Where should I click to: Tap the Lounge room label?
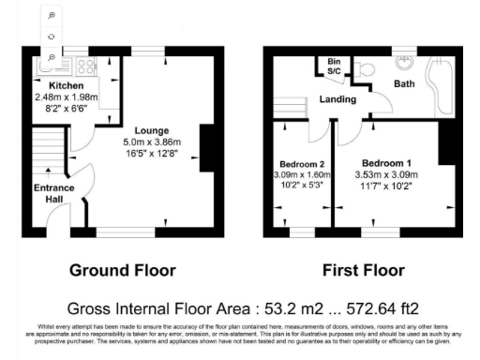point(151,130)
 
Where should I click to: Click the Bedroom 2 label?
point(302,164)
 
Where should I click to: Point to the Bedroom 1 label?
point(386,162)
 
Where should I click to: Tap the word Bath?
point(404,84)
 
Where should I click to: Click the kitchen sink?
point(49,67)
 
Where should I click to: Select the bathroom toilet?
point(363,67)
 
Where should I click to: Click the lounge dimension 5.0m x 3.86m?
point(151,142)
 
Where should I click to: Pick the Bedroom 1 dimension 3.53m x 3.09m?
point(386,174)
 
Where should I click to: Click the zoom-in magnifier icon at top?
point(51,16)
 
